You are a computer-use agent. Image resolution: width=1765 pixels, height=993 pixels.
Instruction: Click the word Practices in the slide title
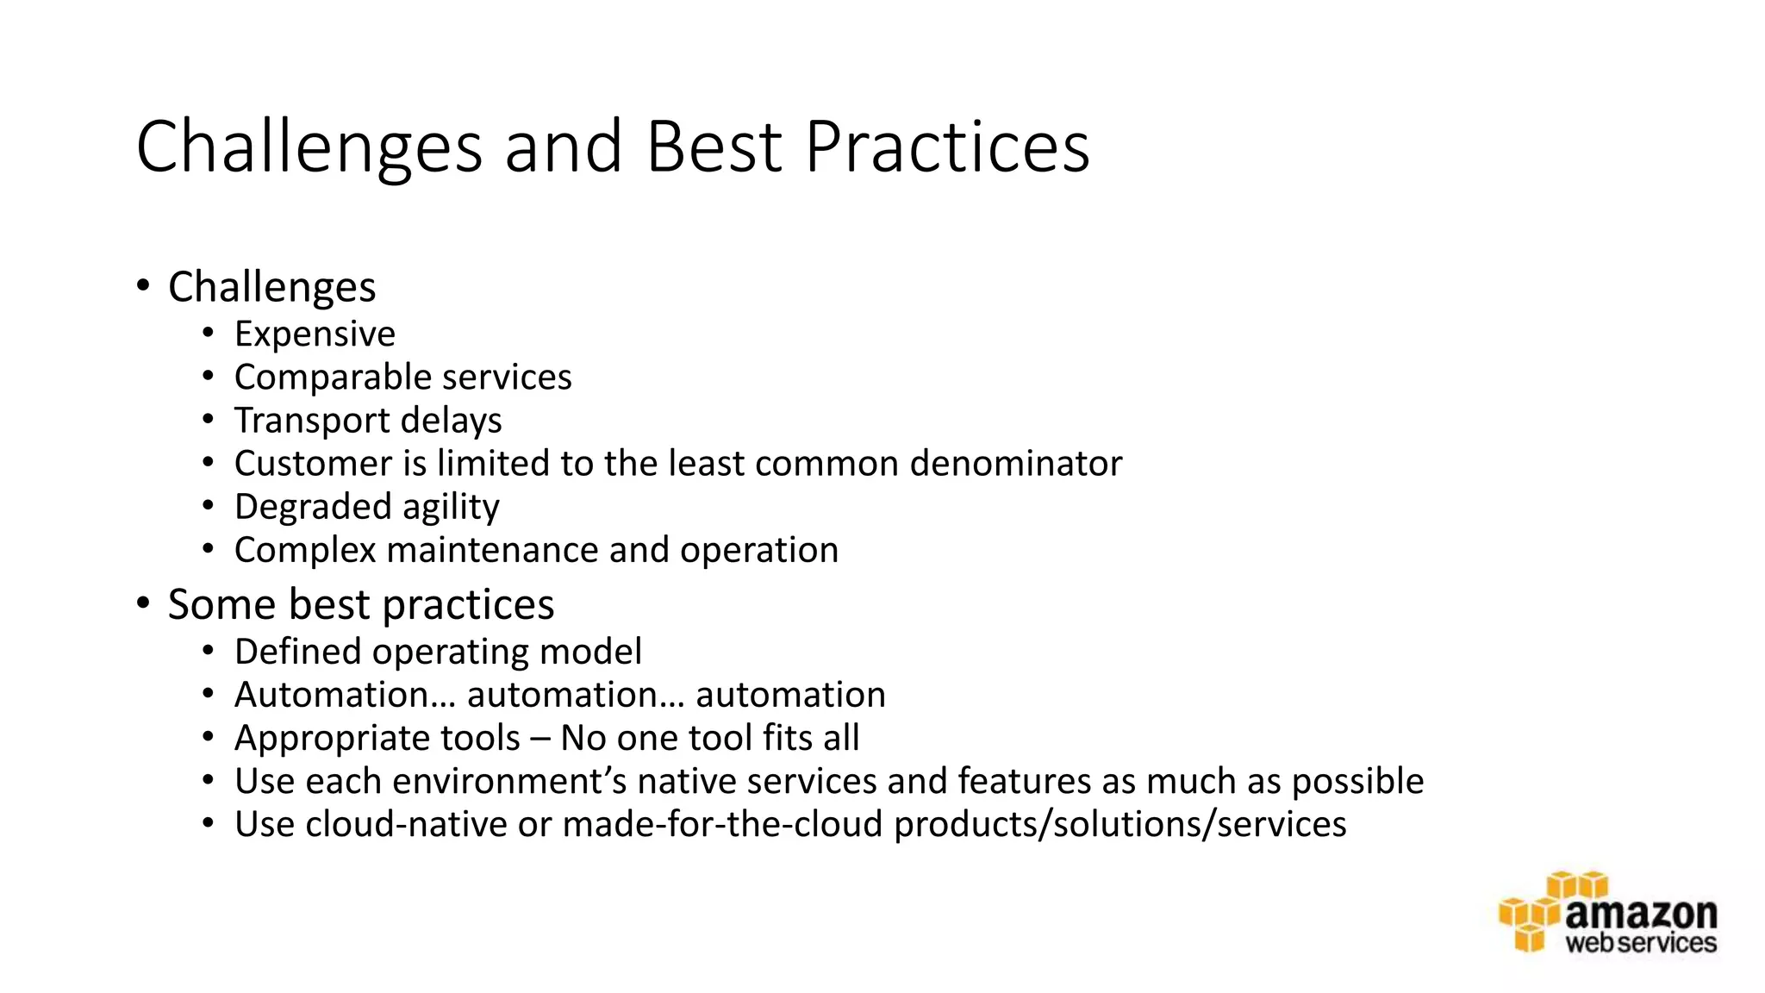click(947, 147)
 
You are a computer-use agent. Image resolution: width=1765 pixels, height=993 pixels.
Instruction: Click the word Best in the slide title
click(714, 147)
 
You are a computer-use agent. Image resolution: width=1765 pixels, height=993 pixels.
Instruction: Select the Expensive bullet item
click(315, 334)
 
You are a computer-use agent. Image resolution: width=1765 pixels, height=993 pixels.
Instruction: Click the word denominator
click(1016, 464)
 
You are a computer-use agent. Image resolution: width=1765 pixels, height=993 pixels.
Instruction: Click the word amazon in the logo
click(1640, 913)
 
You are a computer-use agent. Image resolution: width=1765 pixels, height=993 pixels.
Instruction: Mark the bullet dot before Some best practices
click(143, 604)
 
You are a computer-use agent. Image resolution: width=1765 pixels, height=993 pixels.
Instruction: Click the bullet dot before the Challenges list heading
click(143, 286)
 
